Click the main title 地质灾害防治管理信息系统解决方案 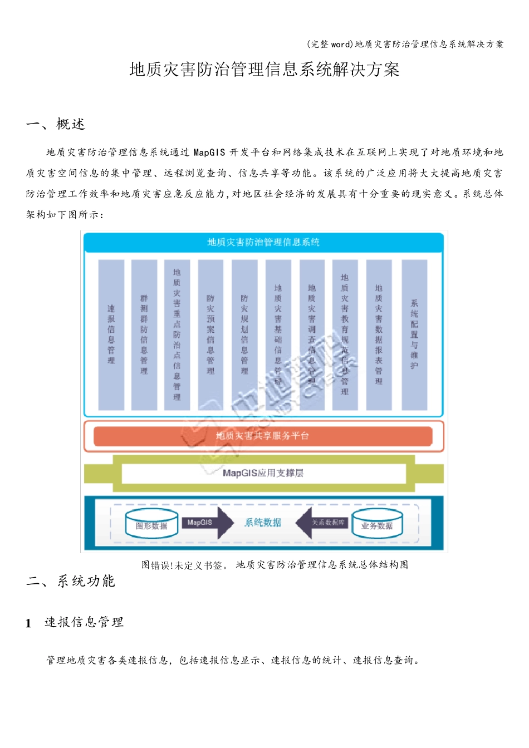pos(264,70)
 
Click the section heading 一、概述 pos(55,124)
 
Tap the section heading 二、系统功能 pos(70,581)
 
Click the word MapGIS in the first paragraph pos(209,152)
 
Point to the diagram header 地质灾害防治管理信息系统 pos(263,242)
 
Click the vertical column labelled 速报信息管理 pos(111,334)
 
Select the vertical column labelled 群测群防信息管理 pos(144,334)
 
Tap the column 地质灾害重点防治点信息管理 pos(177,334)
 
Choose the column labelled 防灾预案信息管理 pos(210,334)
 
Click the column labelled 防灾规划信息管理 pos(244,334)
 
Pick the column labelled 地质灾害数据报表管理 pos(379,334)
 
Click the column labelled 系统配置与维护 pos(414,334)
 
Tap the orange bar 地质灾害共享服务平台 pos(263,436)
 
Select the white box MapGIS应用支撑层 pos(263,473)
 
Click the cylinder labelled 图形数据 pos(151,525)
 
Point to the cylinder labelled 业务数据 pos(377,525)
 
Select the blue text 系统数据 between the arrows pos(263,523)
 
